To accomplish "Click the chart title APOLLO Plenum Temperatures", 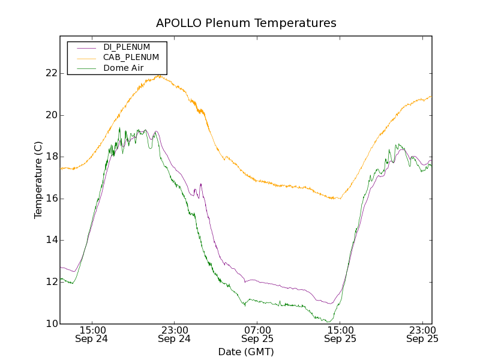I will coord(246,23).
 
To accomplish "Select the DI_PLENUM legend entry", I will coord(127,47).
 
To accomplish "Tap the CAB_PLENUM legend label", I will coord(131,58).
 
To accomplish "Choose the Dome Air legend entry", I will coord(123,68).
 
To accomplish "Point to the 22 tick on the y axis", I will coord(51,73).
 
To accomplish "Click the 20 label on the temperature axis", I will coord(51,115).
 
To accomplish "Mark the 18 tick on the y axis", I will coord(51,157).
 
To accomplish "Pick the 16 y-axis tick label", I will coord(51,199).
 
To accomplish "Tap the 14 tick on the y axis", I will coord(51,240).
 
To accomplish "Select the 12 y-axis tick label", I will coord(51,282).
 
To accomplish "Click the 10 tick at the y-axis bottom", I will coord(51,324).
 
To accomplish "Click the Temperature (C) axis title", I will coord(38,180).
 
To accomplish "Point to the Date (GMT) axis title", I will coord(246,352).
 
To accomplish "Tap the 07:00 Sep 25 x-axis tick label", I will coord(257,334).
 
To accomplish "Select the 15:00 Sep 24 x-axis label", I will coord(92,334).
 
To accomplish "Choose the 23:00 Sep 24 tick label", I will coord(175,334).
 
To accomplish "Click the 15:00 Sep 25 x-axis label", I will coord(340,334).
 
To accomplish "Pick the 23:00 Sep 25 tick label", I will coord(422,334).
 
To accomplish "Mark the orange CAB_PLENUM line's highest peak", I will coord(159,76).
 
